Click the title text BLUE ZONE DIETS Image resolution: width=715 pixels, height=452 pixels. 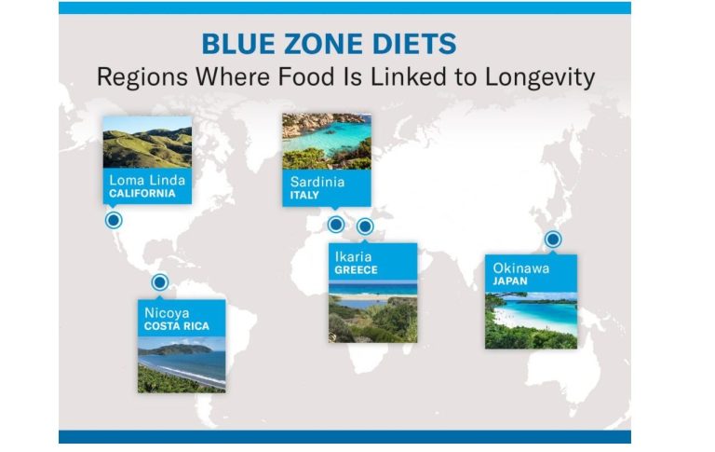[329, 44]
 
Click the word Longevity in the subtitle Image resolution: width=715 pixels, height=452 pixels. [540, 77]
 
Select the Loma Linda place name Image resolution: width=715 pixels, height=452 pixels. [147, 180]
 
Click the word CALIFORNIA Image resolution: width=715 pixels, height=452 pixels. [142, 194]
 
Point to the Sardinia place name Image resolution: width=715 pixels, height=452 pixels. [317, 182]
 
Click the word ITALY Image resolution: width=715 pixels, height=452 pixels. [304, 196]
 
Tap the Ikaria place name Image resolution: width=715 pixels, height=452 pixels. [354, 256]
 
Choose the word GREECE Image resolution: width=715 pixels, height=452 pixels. [357, 270]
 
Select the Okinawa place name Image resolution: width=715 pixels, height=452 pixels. [520, 268]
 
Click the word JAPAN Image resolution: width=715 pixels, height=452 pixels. [510, 281]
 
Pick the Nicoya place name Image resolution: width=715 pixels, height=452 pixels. [167, 313]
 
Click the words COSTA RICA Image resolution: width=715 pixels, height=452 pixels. [177, 326]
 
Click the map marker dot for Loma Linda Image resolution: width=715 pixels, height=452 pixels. [114, 221]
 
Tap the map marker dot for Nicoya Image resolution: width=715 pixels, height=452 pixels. [159, 282]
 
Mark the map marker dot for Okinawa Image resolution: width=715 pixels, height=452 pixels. [553, 240]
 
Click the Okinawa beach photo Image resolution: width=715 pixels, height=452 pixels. [531, 321]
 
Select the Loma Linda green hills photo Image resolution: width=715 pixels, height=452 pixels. [147, 143]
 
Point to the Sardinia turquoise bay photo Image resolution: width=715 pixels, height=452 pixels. [327, 142]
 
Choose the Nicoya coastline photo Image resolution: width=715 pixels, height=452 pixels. [182, 364]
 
